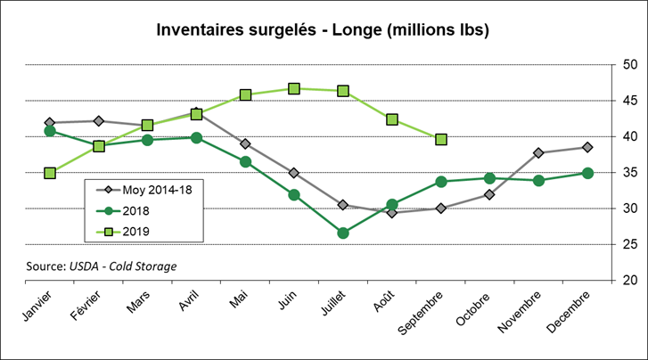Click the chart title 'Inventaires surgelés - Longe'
(323, 31)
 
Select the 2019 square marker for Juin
(294, 88)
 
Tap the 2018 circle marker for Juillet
(343, 233)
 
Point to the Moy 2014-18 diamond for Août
(392, 213)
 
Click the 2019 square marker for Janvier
(50, 173)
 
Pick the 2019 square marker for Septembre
(441, 140)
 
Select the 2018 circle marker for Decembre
(588, 173)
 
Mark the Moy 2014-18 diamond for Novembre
(539, 152)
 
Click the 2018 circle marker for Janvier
(50, 131)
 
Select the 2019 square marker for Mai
(245, 94)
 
